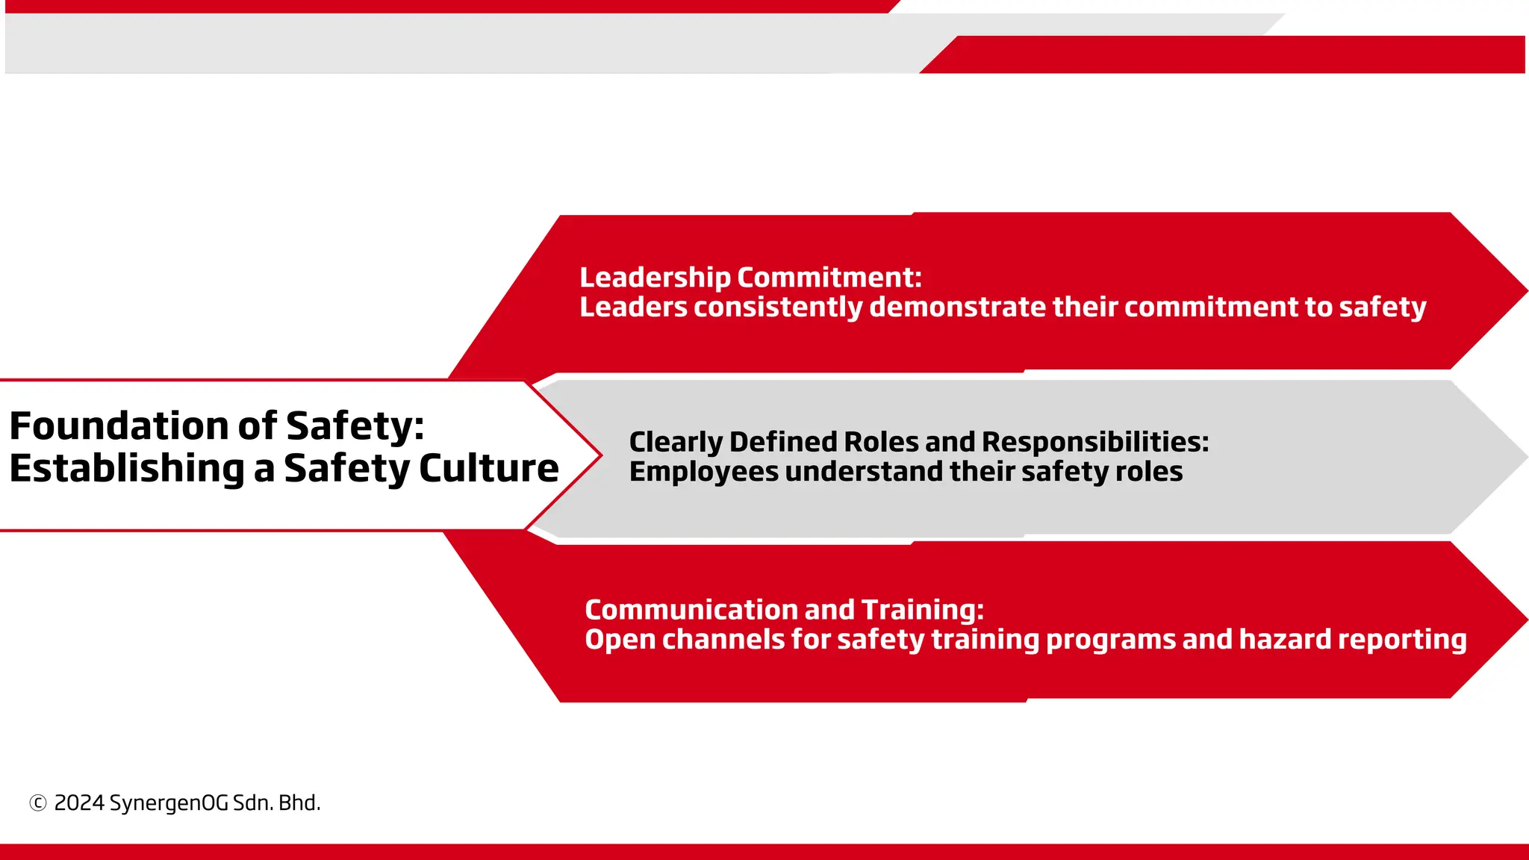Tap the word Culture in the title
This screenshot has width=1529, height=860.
click(489, 469)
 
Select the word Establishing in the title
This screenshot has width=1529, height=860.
click(127, 469)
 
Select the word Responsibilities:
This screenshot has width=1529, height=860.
click(1095, 442)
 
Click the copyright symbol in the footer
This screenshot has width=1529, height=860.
click(37, 803)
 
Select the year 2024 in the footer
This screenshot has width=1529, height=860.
click(79, 803)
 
